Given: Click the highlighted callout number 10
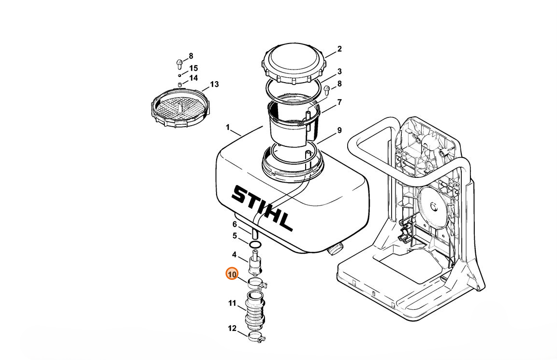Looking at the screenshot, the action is pyautogui.click(x=232, y=274).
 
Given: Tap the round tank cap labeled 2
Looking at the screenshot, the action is pyautogui.click(x=294, y=64).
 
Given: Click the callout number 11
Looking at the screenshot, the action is pyautogui.click(x=232, y=303).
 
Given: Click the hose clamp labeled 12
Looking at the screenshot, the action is pyautogui.click(x=256, y=337).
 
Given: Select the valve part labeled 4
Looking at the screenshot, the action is pyautogui.click(x=255, y=263).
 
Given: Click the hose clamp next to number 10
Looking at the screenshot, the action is pyautogui.click(x=257, y=283).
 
